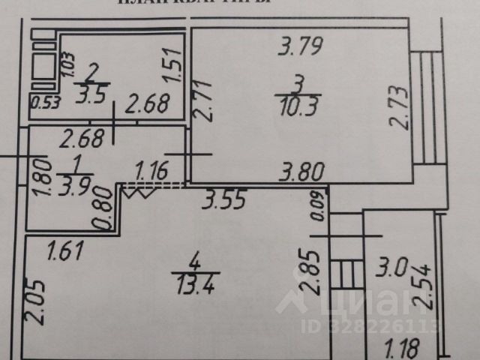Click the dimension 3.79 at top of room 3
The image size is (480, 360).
pyautogui.click(x=300, y=49)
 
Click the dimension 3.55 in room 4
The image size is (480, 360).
pyautogui.click(x=225, y=199)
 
